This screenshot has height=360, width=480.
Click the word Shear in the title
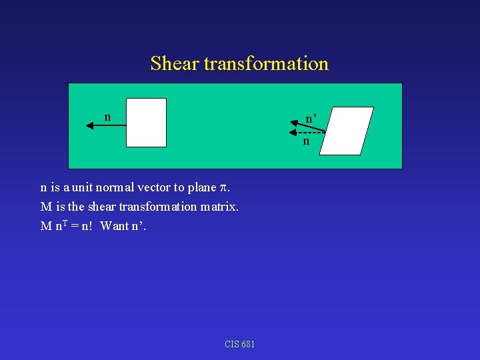175,63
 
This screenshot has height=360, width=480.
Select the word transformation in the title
266,63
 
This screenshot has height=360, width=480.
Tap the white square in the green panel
146,123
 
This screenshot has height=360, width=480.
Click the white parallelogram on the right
346,131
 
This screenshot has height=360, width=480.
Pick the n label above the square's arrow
107,117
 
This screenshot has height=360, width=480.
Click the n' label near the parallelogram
311,119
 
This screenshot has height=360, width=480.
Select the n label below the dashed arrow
306,141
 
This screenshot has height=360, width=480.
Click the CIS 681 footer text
240,344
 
